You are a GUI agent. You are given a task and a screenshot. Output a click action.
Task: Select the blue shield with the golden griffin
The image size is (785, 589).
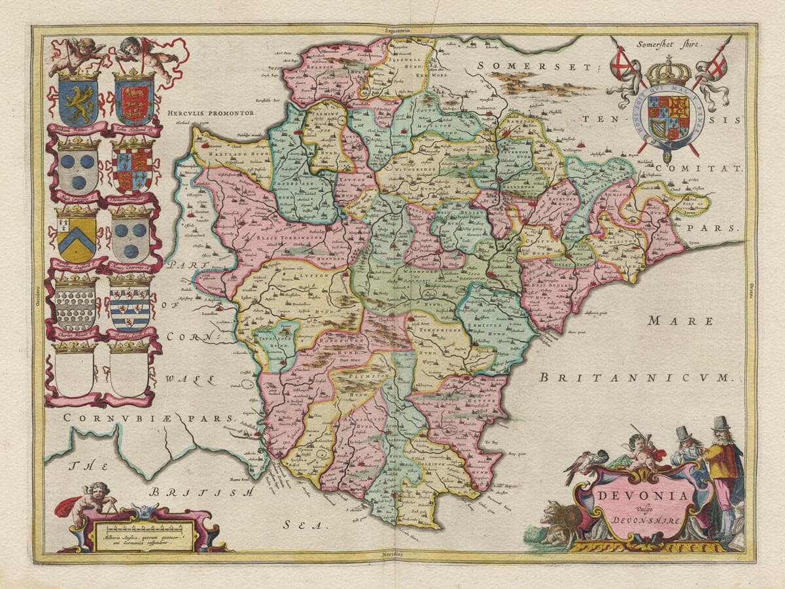click(78, 99)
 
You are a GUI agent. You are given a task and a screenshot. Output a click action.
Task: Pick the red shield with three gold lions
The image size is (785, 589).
click(133, 100)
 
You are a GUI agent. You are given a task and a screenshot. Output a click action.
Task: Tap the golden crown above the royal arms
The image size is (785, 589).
click(668, 70)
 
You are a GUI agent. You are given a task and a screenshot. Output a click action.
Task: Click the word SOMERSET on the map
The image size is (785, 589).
click(533, 65)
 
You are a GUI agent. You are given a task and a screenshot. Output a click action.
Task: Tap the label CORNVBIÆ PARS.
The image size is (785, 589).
click(148, 417)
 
